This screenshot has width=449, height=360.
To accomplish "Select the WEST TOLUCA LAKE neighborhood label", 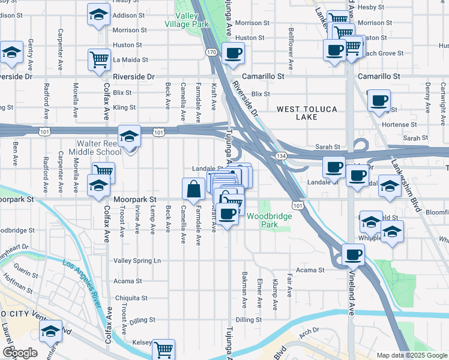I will pyautogui.click(x=307, y=113).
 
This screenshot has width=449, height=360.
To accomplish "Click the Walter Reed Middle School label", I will pyautogui.click(x=98, y=148).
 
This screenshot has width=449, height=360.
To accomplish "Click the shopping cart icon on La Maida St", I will pyautogui.click(x=100, y=59).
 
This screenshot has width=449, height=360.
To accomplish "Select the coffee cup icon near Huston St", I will pyautogui.click(x=233, y=53).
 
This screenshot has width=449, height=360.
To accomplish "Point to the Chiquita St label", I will pyautogui.click(x=131, y=298).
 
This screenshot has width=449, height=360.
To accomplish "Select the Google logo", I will pyautogui.click(x=20, y=353).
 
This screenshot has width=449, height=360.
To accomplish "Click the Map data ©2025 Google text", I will pyautogui.click(x=411, y=355).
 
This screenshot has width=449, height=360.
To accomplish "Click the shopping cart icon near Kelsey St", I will pyautogui.click(x=163, y=350).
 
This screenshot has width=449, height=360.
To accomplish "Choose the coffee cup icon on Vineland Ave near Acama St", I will pyautogui.click(x=353, y=254).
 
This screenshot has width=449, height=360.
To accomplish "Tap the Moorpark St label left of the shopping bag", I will pyautogui.click(x=136, y=198).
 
